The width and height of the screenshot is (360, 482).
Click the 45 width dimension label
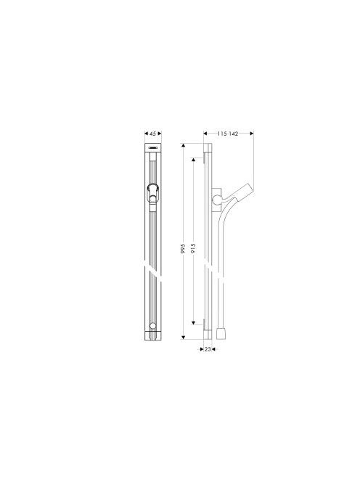(x=153, y=134)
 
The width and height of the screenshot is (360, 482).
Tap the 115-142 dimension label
(x=228, y=134)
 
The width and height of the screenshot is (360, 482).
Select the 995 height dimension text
(x=183, y=248)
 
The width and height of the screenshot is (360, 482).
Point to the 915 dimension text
(x=193, y=248)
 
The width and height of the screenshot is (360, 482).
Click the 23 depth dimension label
(x=208, y=349)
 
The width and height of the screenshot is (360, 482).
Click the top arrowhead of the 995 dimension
(x=183, y=145)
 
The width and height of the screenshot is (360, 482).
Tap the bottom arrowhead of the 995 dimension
(x=183, y=338)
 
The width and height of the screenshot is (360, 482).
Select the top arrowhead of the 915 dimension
(x=193, y=160)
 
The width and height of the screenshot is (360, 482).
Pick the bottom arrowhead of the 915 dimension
(x=193, y=322)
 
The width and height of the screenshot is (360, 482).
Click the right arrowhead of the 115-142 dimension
(x=252, y=134)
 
